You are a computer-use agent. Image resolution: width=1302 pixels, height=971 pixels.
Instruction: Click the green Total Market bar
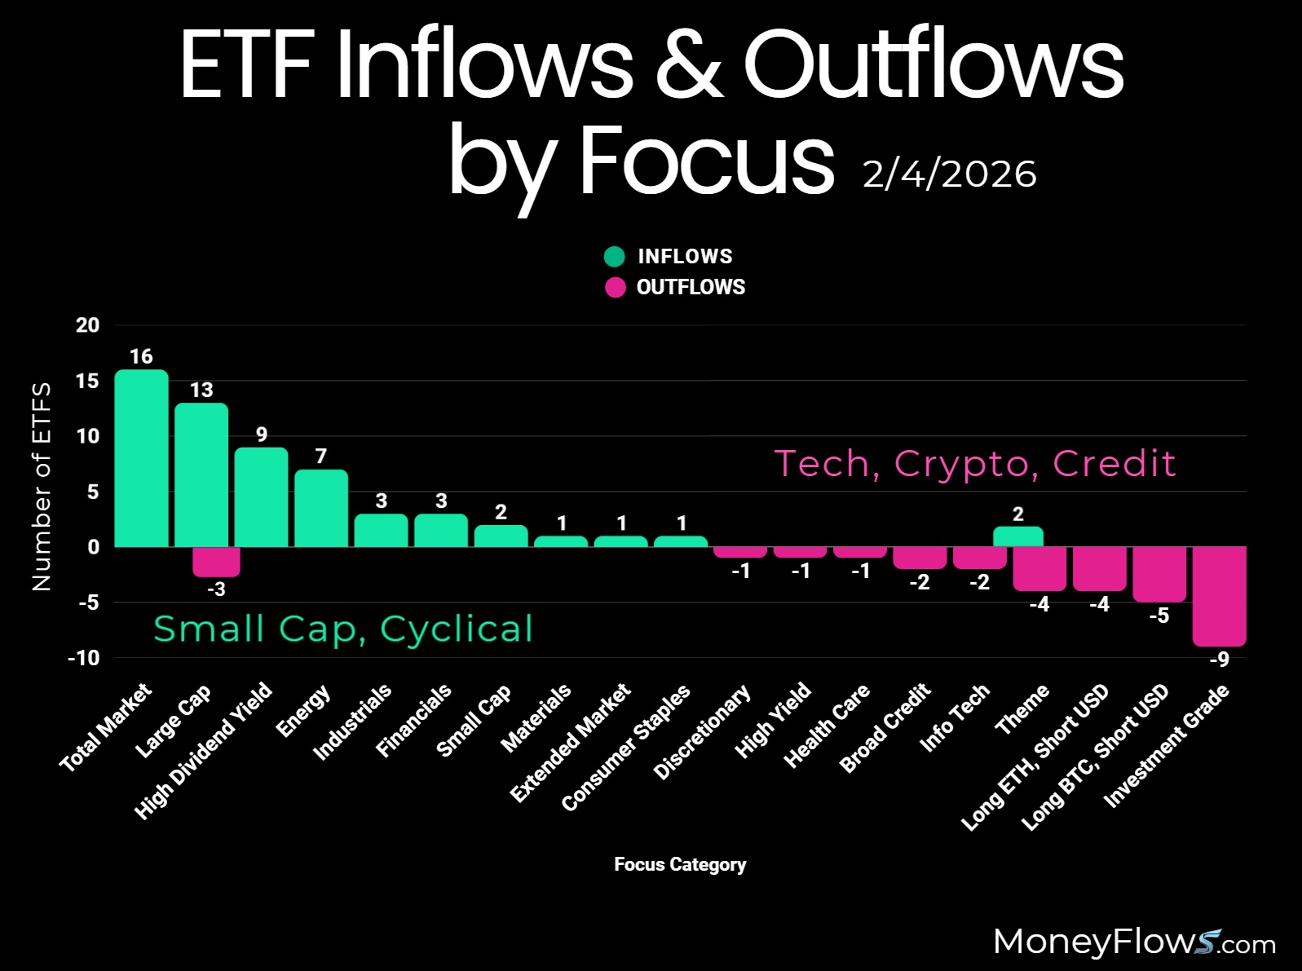(141, 458)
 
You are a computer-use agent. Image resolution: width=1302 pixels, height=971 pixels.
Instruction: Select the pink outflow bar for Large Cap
(216, 562)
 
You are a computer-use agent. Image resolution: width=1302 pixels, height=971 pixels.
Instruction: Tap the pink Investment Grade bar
(1219, 596)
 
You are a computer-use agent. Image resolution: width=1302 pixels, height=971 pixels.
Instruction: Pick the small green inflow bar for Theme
(1018, 536)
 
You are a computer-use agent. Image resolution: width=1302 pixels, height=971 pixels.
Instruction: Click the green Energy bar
(321, 508)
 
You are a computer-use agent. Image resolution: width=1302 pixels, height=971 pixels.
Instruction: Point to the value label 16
(141, 356)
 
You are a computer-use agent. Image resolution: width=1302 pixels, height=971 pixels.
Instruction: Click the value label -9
(1219, 660)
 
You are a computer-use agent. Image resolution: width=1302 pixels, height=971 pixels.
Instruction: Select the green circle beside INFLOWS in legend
(614, 257)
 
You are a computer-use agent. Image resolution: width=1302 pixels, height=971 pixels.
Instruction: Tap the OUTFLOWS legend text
(691, 287)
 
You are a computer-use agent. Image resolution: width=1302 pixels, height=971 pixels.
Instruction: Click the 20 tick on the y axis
(87, 325)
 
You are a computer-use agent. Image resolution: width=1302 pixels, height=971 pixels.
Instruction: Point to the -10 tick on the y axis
(84, 658)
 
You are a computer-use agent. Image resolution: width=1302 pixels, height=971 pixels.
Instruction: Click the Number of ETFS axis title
(41, 486)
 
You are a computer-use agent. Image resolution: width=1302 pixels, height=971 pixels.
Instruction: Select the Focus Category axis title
(680, 864)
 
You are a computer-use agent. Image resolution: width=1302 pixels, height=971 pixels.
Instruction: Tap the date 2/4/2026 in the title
(949, 174)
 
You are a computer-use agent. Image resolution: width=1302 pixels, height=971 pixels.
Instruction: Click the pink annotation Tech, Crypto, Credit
(974, 463)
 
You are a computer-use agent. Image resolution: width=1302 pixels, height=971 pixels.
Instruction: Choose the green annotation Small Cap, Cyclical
(343, 629)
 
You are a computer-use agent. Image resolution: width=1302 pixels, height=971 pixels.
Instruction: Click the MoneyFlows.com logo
(1134, 942)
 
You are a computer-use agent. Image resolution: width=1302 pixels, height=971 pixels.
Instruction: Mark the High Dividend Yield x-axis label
(204, 750)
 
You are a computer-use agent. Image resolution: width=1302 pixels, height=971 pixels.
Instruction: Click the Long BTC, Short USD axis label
(1096, 757)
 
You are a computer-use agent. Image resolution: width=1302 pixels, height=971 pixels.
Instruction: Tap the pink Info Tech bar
(979, 558)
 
